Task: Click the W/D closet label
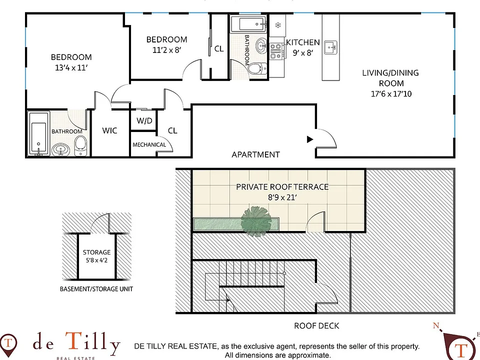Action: (144, 120)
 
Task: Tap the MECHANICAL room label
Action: (149, 144)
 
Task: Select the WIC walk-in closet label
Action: (109, 130)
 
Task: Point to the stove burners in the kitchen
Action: (275, 51)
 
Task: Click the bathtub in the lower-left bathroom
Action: (39, 134)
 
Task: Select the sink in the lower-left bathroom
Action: (60, 150)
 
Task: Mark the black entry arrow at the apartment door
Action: (310, 139)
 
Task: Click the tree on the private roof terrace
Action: (256, 221)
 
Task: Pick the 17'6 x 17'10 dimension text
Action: (391, 93)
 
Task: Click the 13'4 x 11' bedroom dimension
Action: (71, 67)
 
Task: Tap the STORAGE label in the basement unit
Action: (96, 252)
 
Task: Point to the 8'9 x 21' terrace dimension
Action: (282, 197)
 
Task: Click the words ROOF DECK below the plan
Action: (316, 325)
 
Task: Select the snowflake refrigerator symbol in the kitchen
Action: (278, 25)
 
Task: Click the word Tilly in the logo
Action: (92, 342)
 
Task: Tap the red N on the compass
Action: (436, 325)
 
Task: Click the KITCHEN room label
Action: (303, 42)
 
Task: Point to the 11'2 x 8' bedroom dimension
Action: (167, 50)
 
